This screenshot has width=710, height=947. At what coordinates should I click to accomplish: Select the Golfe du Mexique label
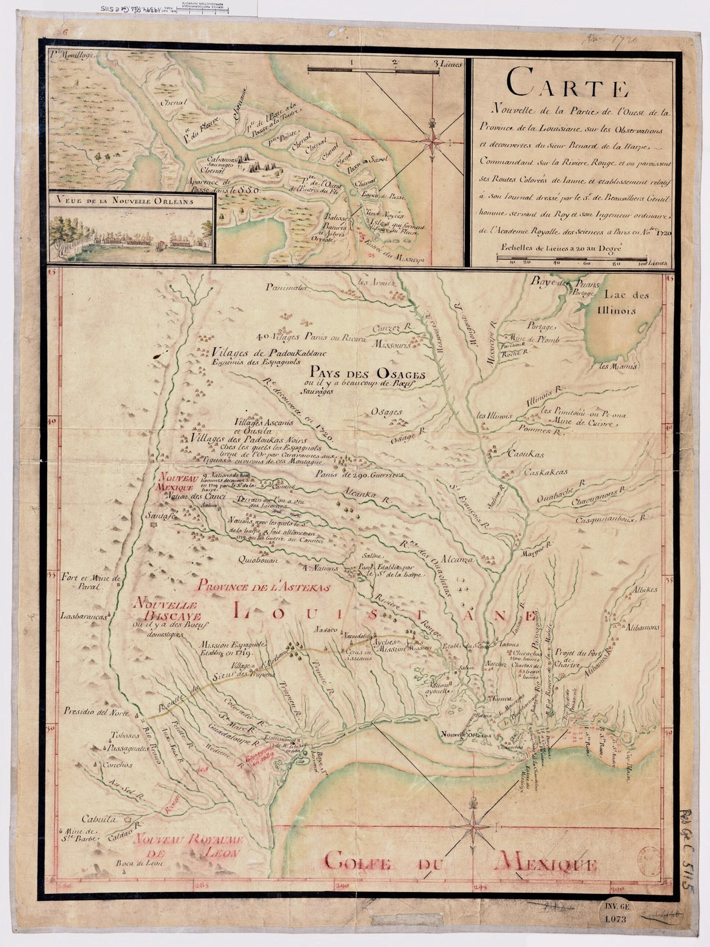460,862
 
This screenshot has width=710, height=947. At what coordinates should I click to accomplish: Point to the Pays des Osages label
365,374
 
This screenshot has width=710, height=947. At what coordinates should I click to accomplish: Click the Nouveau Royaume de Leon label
187,846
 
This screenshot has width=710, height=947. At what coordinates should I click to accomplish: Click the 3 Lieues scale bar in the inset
385,67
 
